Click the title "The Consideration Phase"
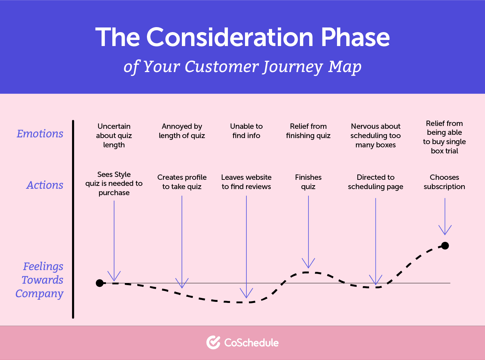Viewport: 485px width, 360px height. (242, 37)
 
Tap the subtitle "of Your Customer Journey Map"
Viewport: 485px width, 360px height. (242, 67)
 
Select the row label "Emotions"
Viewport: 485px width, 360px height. (40, 133)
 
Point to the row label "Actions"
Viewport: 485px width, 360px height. (45, 185)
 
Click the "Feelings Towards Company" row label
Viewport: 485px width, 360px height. (40, 280)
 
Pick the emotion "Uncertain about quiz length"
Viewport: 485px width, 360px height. (114, 136)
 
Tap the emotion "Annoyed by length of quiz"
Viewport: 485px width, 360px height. (182, 131)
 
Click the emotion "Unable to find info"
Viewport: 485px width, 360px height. (246, 131)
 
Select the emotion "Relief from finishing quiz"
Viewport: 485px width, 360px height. (308, 131)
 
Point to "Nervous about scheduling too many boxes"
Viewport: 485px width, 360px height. (376, 136)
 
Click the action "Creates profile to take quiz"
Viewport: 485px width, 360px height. (182, 182)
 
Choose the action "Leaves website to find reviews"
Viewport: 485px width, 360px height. (246, 182)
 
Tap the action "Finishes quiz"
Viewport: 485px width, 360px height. (308, 182)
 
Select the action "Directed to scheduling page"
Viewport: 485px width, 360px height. (376, 182)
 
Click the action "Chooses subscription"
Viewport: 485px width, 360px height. (444, 182)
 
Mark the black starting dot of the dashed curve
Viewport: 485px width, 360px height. (100, 283)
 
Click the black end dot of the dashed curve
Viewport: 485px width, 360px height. (445, 245)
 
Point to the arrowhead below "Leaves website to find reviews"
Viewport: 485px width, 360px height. (246, 294)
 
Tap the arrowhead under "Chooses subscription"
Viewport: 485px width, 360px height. (445, 230)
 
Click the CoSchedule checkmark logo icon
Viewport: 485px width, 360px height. (213, 343)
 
